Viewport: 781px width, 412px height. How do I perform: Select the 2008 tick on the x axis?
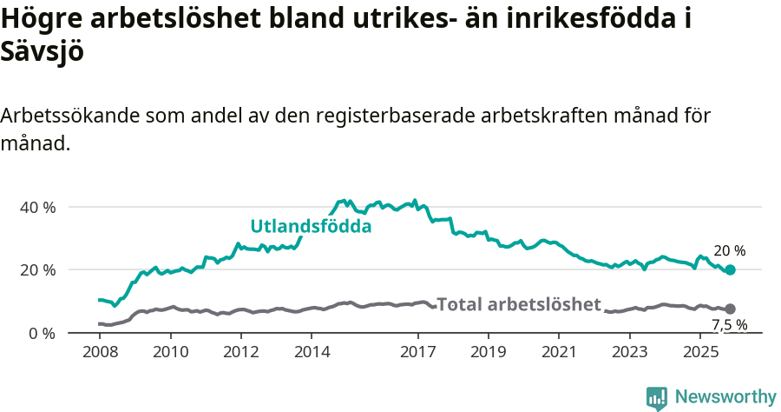(x=100, y=352)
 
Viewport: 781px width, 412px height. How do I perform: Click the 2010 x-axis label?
(x=171, y=352)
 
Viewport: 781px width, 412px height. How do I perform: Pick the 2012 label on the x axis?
(x=241, y=352)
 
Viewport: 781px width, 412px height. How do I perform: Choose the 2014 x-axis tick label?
(x=312, y=352)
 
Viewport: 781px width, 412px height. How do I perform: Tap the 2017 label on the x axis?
(x=418, y=352)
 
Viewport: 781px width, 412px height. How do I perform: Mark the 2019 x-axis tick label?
(x=489, y=352)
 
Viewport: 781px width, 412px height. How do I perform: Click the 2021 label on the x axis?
(x=560, y=352)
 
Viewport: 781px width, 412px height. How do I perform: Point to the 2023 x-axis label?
(x=630, y=352)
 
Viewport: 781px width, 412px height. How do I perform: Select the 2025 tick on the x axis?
(x=700, y=352)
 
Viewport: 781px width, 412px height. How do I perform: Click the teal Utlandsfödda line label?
(x=311, y=227)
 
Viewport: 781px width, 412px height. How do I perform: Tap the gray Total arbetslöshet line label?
(x=518, y=304)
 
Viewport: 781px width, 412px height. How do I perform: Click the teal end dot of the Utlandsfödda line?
(x=730, y=270)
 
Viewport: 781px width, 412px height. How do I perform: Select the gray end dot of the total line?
(x=730, y=309)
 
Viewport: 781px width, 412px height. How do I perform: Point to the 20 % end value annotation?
(x=729, y=251)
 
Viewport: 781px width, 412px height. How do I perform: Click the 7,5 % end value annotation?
(x=729, y=325)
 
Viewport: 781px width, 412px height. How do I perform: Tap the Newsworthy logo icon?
(x=657, y=397)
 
